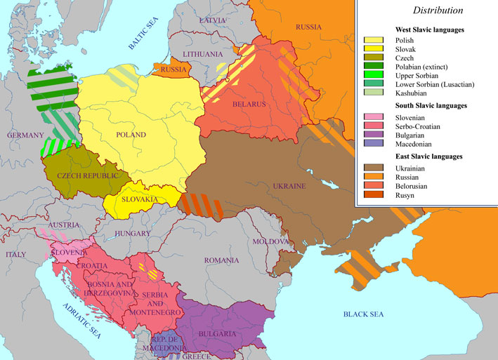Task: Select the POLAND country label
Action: (x=131, y=134)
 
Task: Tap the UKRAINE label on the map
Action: (x=289, y=187)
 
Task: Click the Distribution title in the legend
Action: (x=438, y=11)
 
